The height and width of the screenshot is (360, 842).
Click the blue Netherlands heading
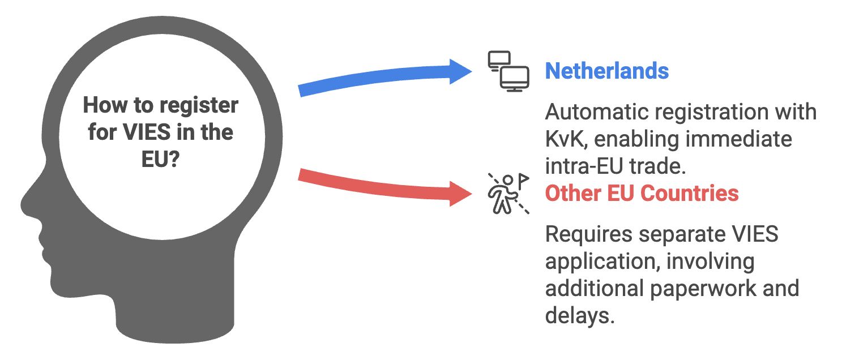[606, 71]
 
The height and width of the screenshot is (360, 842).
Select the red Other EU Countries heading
[642, 194]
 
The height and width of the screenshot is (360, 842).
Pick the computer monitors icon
[508, 71]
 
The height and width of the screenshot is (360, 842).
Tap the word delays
[579, 315]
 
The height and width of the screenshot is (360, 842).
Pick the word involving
[710, 262]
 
